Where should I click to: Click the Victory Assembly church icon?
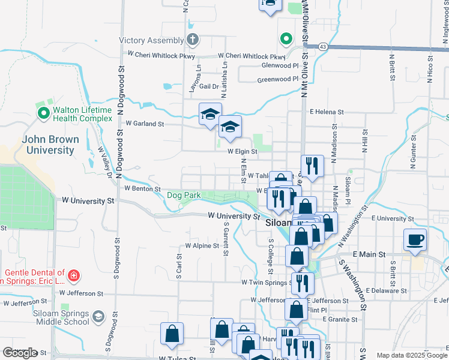coord(192,41)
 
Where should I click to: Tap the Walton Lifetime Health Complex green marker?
coord(43,113)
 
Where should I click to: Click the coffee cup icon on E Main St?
coord(415,241)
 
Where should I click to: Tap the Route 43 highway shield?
coord(323,46)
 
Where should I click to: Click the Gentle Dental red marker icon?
coord(73,276)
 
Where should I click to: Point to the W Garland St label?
coord(145,124)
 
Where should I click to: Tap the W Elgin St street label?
coord(242,152)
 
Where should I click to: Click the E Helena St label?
coord(327,112)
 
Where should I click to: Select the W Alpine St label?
coord(202,246)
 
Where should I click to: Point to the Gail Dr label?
coord(209,86)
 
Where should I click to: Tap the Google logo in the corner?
coord(20,353)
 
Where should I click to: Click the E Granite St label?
coord(339,319)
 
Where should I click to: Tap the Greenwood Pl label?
coord(277,79)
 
